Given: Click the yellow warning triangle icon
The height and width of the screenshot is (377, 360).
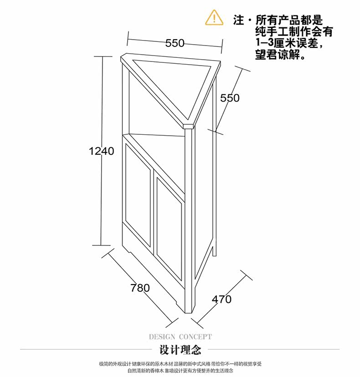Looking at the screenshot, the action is tap(214, 18).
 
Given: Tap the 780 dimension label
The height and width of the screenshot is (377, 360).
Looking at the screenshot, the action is tap(140, 288).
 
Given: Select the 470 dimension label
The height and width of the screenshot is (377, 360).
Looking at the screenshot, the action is tap(221, 299).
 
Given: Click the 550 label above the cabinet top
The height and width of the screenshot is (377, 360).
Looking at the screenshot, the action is tap(175, 43).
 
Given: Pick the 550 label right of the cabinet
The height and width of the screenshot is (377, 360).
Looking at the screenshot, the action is tap(230, 98).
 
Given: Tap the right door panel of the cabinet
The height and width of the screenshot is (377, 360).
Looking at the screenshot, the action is tap(170, 228).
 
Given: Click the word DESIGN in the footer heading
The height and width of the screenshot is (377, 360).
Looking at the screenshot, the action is tap(162, 337).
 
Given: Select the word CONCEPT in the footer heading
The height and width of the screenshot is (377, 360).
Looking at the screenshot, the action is tap(195, 337).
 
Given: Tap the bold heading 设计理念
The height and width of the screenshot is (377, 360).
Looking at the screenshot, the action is tap(180, 351).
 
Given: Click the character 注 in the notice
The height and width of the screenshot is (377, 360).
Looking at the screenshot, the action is tap(238, 20).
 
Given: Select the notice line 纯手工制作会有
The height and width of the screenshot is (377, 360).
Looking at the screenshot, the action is tap(294, 32).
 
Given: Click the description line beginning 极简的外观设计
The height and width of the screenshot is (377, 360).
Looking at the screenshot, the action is tap(180, 364).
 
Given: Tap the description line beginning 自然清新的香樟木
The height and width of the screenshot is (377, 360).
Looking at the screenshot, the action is tap(180, 371).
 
